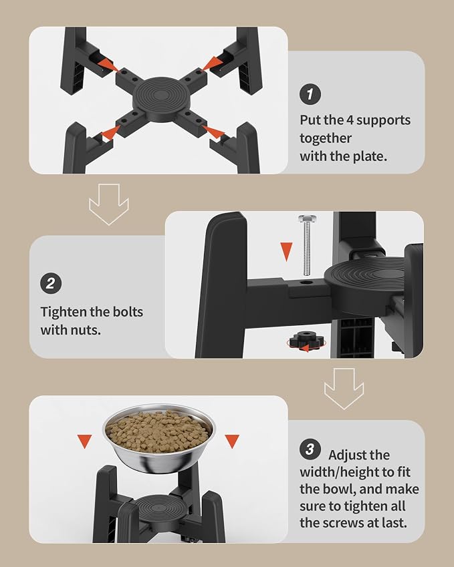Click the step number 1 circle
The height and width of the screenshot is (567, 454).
click(310, 94)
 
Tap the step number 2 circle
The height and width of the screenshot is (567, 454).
click(51, 283)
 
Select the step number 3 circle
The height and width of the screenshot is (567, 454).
click(310, 449)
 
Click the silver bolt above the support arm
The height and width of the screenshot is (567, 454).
click(307, 244)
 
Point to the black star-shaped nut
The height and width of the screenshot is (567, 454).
click(307, 341)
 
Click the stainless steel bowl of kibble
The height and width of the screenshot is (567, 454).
click(158, 438)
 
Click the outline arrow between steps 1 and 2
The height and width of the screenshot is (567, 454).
click(109, 204)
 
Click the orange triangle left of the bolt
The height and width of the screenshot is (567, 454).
click(286, 250)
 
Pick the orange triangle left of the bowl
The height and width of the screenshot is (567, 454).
click(85, 441)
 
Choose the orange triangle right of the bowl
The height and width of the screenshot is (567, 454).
click(232, 441)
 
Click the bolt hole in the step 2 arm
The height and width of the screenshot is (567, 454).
click(307, 282)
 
